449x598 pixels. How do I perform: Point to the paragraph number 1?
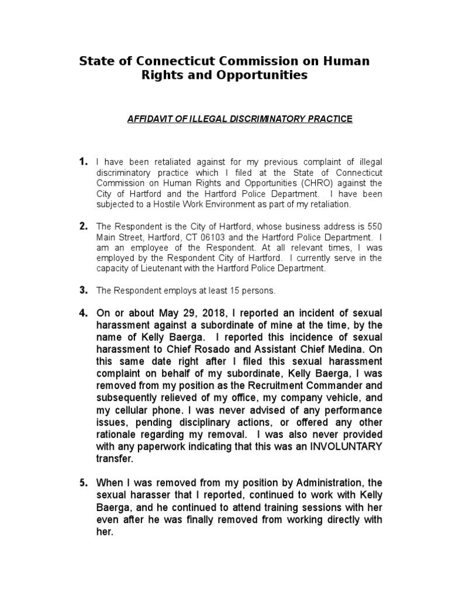pos(83,161)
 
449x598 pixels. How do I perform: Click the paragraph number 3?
pos(83,290)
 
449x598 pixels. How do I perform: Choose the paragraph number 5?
pos(83,483)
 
